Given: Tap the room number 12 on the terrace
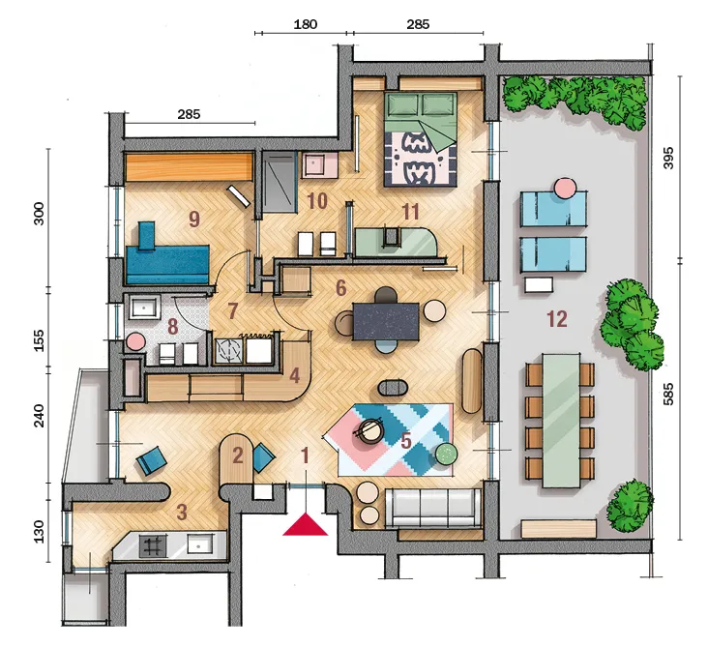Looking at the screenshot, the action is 557,319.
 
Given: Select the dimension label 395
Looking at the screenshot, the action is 668,158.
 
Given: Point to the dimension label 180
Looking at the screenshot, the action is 306,24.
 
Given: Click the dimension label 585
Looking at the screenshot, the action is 668,394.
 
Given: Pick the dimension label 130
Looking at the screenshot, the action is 40,531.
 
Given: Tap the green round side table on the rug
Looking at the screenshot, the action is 447,454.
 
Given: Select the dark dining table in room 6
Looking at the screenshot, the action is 386,321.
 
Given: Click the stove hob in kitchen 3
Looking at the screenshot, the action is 153,545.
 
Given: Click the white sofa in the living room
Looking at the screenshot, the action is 433,508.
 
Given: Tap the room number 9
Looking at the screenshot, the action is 194,219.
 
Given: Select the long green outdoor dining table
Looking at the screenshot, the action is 561,421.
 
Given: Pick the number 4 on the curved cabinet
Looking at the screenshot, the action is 294,375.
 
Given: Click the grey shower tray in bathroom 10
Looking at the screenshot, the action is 279,182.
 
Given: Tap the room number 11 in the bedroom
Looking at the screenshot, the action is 410,212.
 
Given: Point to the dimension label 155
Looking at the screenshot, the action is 40,340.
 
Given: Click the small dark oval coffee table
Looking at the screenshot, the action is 394,388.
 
